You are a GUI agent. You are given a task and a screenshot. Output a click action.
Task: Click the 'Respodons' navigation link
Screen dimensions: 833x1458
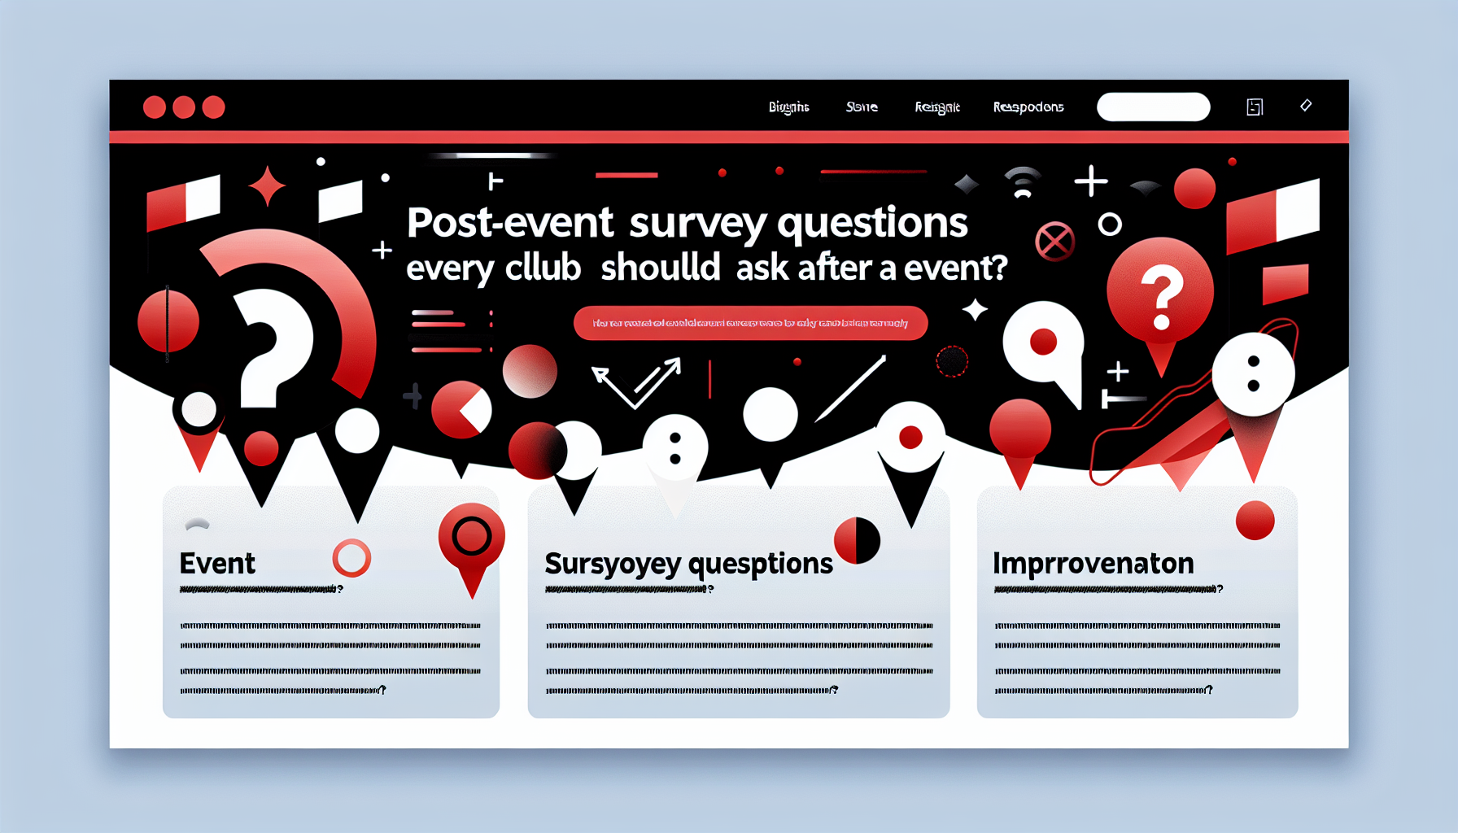pyautogui.click(x=1028, y=107)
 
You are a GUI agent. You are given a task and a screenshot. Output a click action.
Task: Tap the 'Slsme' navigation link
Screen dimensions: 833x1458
pyautogui.click(x=862, y=107)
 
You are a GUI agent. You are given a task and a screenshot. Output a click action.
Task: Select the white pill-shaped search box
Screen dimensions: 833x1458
pyautogui.click(x=1153, y=107)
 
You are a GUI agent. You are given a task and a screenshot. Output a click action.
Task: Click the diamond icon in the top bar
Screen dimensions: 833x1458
pyautogui.click(x=1306, y=105)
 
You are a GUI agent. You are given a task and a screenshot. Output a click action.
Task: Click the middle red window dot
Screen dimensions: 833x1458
pyautogui.click(x=184, y=107)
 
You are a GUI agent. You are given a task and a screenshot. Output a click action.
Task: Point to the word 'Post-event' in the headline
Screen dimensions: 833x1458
pyautogui.click(x=509, y=222)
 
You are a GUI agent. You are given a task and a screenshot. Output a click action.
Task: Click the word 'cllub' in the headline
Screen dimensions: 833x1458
pyautogui.click(x=542, y=268)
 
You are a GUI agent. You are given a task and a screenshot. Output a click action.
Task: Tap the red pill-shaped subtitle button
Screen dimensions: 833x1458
pyautogui.click(x=750, y=323)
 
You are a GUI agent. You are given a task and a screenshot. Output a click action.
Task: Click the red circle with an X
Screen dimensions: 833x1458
pyautogui.click(x=1054, y=242)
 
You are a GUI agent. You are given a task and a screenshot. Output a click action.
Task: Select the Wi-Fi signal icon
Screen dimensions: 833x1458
pyautogui.click(x=1023, y=183)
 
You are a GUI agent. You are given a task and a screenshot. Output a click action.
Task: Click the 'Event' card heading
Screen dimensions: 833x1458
pyautogui.click(x=217, y=563)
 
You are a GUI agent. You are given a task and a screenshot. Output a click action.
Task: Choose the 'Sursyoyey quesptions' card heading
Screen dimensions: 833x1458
pyautogui.click(x=688, y=564)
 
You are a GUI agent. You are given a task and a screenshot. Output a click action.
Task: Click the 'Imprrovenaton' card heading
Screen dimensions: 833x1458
pyautogui.click(x=1093, y=563)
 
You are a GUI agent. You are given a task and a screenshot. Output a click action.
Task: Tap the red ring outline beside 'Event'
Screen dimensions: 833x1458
pyautogui.click(x=351, y=558)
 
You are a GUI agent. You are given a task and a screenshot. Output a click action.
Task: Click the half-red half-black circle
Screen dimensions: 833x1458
pyautogui.click(x=858, y=540)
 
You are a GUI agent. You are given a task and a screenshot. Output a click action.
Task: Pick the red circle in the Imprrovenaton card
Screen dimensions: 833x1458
pyautogui.click(x=1255, y=521)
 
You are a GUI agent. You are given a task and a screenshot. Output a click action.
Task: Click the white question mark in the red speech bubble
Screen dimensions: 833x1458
pyautogui.click(x=1162, y=297)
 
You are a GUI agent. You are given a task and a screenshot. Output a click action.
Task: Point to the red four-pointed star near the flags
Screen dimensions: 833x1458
pyautogui.click(x=267, y=186)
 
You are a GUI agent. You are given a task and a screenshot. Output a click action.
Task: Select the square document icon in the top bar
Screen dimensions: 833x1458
pyautogui.click(x=1255, y=107)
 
